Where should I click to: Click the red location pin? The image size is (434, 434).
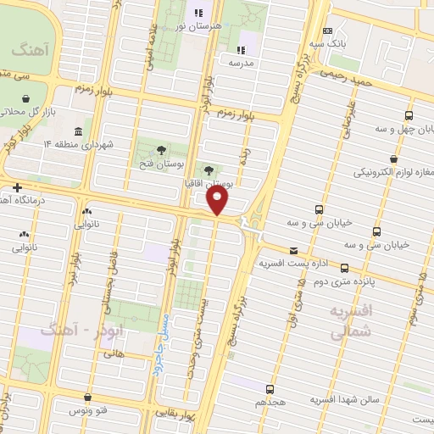pyautogui.click(x=218, y=201)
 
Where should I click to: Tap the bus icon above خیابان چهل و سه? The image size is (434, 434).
pyautogui.click(x=409, y=115)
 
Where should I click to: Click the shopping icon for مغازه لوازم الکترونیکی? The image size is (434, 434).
pyautogui.click(x=393, y=159)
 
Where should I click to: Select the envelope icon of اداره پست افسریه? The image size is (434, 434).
pyautogui.click(x=293, y=250)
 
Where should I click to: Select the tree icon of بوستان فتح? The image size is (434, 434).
pyautogui.click(x=161, y=149)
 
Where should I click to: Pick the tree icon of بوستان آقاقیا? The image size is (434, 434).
pyautogui.click(x=209, y=169)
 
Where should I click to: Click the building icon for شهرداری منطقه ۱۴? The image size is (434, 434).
pyautogui.click(x=78, y=131)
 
